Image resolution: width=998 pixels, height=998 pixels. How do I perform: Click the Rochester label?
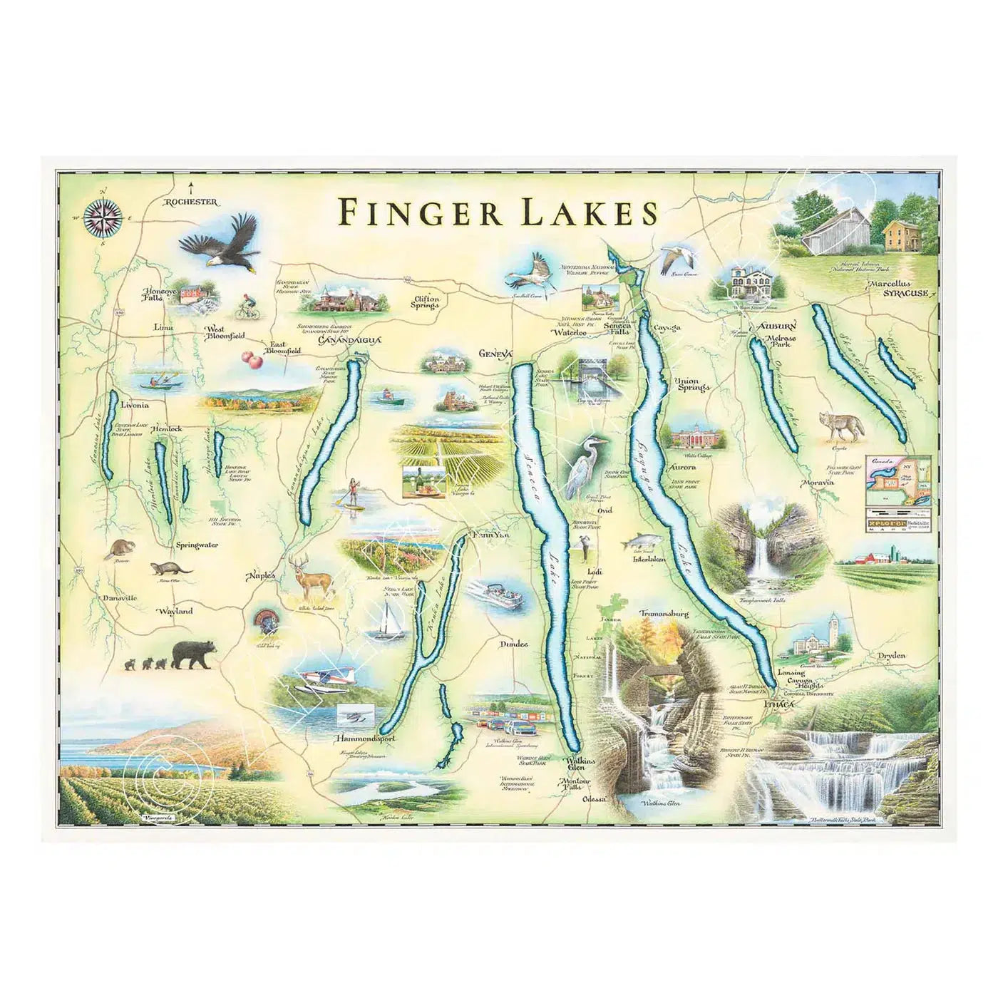pyautogui.click(x=190, y=202)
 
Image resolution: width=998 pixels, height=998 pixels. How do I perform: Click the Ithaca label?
pyautogui.click(x=778, y=704)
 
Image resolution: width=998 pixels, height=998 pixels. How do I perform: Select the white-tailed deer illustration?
pyautogui.click(x=312, y=576)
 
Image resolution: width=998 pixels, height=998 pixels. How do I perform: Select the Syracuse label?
pyautogui.click(x=906, y=293)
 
